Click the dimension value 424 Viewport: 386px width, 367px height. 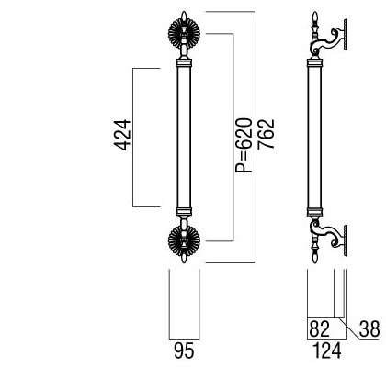tap(122, 135)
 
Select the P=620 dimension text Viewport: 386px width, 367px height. tap(244, 146)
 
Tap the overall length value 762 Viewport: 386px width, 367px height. tap(266, 134)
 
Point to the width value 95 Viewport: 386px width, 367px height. tap(184, 350)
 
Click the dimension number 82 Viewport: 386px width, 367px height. tap(319, 328)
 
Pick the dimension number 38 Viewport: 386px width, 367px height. tap(369, 328)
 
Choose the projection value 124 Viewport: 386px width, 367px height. tap(327, 350)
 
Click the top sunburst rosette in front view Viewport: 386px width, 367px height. tap(184, 33)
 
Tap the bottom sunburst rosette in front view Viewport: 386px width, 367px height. tap(184, 240)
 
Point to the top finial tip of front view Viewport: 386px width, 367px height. tap(184, 12)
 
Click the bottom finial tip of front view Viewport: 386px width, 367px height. tap(184, 262)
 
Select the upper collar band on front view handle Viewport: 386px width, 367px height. tap(184, 63)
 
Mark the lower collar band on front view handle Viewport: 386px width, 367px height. tap(184, 212)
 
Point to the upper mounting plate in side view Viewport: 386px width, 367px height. tap(346, 34)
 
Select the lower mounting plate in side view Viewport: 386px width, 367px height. tap(346, 240)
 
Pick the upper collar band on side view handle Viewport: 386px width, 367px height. tap(314, 63)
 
